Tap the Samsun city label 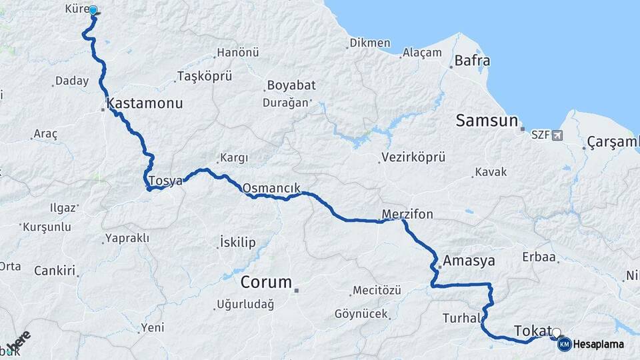click(487, 121)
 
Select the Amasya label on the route click(469, 261)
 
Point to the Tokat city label click(533, 331)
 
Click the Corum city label click(267, 282)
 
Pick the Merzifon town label click(407, 215)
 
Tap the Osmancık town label click(271, 188)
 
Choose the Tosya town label click(165, 181)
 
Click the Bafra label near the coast click(472, 61)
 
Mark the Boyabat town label click(291, 85)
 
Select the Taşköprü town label click(205, 76)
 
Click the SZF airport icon click(557, 135)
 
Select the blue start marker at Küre click(93, 11)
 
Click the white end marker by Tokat click(556, 333)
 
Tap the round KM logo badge click(564, 344)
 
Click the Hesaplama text click(599, 345)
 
